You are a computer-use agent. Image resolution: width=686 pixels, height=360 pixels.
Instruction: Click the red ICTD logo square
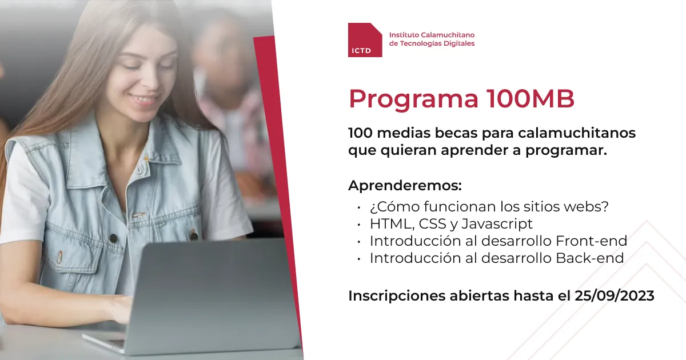(x=365, y=40)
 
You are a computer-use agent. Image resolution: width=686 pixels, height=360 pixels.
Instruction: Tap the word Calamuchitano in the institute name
(x=448, y=35)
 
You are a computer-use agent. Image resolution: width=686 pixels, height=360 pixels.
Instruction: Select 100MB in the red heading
(x=531, y=99)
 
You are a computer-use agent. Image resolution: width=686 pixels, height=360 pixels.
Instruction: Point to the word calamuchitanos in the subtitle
(x=577, y=133)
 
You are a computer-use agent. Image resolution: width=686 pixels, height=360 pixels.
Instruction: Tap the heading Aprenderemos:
(x=405, y=186)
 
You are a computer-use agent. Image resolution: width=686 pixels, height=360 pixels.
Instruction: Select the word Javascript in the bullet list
(x=497, y=224)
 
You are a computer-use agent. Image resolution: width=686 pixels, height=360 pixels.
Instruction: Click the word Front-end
(x=591, y=241)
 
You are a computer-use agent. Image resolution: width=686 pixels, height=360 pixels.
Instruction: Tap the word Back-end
(x=590, y=258)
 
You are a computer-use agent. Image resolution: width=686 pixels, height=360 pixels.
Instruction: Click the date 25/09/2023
(x=615, y=296)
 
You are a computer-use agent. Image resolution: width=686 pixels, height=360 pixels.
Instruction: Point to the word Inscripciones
(x=397, y=297)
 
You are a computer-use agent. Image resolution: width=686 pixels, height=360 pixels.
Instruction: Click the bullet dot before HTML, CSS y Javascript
(x=358, y=225)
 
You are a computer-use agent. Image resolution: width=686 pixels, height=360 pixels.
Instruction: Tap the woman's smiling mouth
(x=143, y=99)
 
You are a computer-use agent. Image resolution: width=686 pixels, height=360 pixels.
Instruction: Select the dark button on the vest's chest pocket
(x=114, y=238)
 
